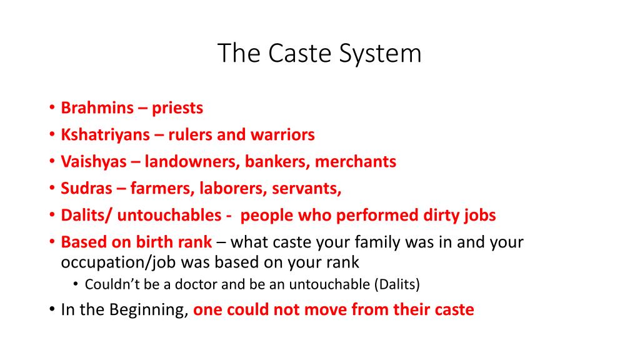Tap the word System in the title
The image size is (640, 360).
point(381,54)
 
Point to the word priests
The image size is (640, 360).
point(177,108)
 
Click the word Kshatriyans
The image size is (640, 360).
point(106,135)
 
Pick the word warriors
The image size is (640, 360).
point(283,135)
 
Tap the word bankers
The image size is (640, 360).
point(277,162)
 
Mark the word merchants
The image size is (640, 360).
point(356,162)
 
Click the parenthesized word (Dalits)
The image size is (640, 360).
point(397,285)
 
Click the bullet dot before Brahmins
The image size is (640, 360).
point(52,109)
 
